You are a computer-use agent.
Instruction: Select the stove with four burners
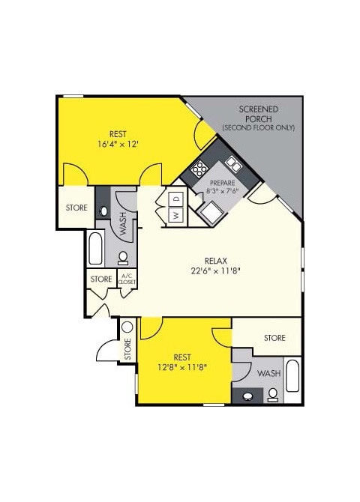199,168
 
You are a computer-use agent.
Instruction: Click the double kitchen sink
234,164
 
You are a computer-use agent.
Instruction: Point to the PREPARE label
222,183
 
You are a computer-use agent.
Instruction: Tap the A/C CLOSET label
127,279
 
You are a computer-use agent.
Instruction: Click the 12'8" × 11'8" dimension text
183,367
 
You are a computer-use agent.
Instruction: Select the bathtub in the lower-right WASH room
293,381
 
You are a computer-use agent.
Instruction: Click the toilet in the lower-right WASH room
273,394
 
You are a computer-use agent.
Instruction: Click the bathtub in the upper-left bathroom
95,249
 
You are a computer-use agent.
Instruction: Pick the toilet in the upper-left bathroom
124,259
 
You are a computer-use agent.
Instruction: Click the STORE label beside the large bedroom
76,208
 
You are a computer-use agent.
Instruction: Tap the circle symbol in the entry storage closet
127,327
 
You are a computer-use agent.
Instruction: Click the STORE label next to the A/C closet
101,279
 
